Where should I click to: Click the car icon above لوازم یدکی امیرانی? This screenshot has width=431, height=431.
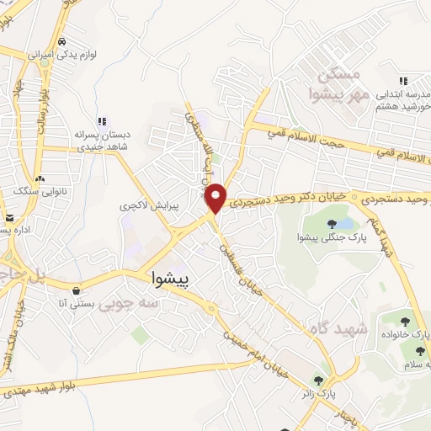63,40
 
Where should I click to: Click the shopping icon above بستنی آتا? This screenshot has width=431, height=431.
76,290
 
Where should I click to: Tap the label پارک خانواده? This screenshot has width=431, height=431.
405,334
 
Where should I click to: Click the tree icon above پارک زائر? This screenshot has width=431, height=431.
318,379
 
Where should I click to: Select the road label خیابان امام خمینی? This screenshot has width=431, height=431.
257,354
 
